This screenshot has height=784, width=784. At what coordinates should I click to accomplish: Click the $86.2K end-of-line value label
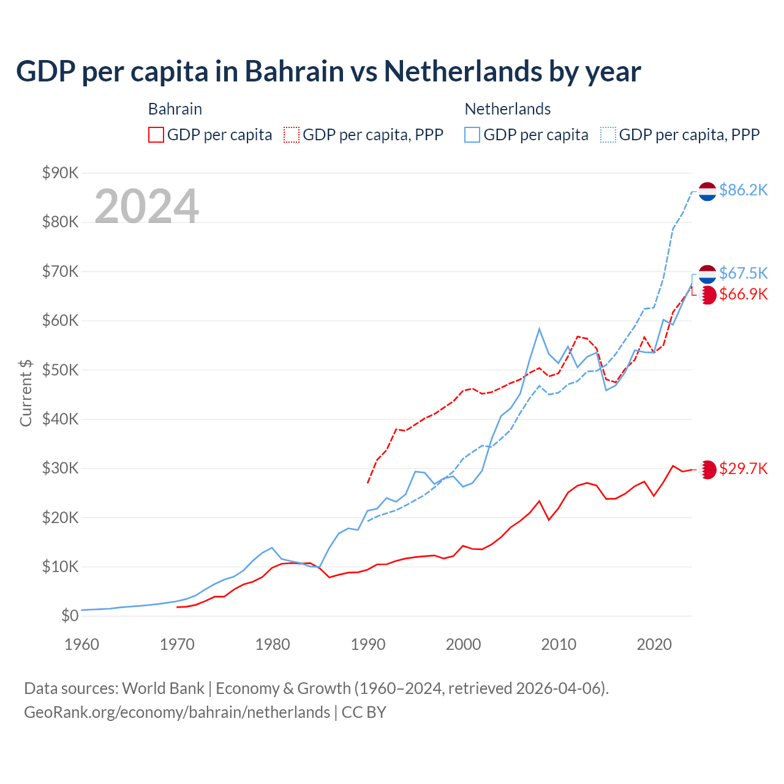[x=743, y=190]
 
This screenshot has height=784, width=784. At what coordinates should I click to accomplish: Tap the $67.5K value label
[x=743, y=273]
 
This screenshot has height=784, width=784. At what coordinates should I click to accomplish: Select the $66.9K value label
[x=743, y=295]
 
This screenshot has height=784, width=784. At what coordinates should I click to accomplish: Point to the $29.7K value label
[x=743, y=469]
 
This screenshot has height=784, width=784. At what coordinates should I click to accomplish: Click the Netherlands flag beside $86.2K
[x=707, y=191]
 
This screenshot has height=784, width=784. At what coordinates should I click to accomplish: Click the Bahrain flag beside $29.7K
[x=707, y=470]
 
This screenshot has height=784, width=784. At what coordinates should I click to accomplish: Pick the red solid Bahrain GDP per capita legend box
[x=156, y=135]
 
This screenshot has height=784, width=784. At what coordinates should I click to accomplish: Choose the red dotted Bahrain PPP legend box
[x=292, y=135]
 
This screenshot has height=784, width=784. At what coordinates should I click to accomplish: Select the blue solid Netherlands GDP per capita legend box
[x=472, y=135]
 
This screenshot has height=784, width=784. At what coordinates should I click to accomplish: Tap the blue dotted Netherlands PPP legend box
[x=608, y=135]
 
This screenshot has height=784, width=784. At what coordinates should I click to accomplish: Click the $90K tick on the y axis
[x=60, y=173]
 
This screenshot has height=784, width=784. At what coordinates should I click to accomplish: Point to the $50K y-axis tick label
[x=60, y=371]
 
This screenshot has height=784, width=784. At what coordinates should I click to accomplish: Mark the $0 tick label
[x=70, y=616]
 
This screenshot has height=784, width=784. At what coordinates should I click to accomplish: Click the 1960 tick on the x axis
[x=82, y=644]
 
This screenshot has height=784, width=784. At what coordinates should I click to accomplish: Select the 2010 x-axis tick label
[x=559, y=644]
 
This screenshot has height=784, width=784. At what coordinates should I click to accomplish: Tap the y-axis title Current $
[x=26, y=393]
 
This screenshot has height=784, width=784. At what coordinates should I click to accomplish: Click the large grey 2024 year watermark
[x=146, y=206]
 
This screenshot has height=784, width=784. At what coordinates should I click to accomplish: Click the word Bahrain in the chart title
[x=294, y=72]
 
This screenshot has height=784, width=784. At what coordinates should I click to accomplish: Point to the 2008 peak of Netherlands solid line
[x=539, y=329]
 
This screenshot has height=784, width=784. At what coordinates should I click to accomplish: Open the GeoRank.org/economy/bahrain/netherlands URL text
[x=177, y=712]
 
